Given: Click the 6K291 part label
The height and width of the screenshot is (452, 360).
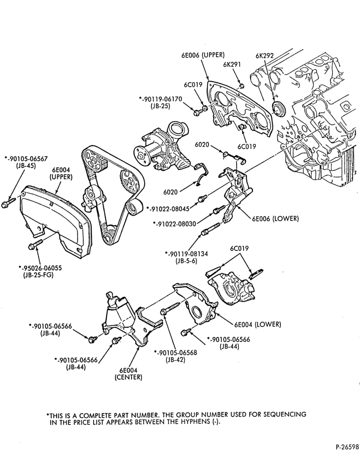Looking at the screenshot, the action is coord(232,64).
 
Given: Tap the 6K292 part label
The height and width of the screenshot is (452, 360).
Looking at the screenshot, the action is coord(265,56).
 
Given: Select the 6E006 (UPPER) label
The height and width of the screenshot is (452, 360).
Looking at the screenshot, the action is coord(203,55).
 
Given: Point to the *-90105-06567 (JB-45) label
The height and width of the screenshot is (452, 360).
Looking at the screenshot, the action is coord(26,162).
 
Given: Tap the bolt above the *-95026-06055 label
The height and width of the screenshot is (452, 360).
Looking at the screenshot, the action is coord(35,244).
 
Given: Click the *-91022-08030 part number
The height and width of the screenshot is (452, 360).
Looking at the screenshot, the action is coord(175,223).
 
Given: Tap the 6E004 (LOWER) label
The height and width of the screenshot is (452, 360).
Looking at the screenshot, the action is coord(258,324).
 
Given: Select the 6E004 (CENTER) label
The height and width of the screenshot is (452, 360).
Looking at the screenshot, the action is coord(128,374).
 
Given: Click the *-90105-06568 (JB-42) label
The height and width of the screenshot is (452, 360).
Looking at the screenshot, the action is coord(175,356).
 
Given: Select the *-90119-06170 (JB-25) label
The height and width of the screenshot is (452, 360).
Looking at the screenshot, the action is coord(161,102).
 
